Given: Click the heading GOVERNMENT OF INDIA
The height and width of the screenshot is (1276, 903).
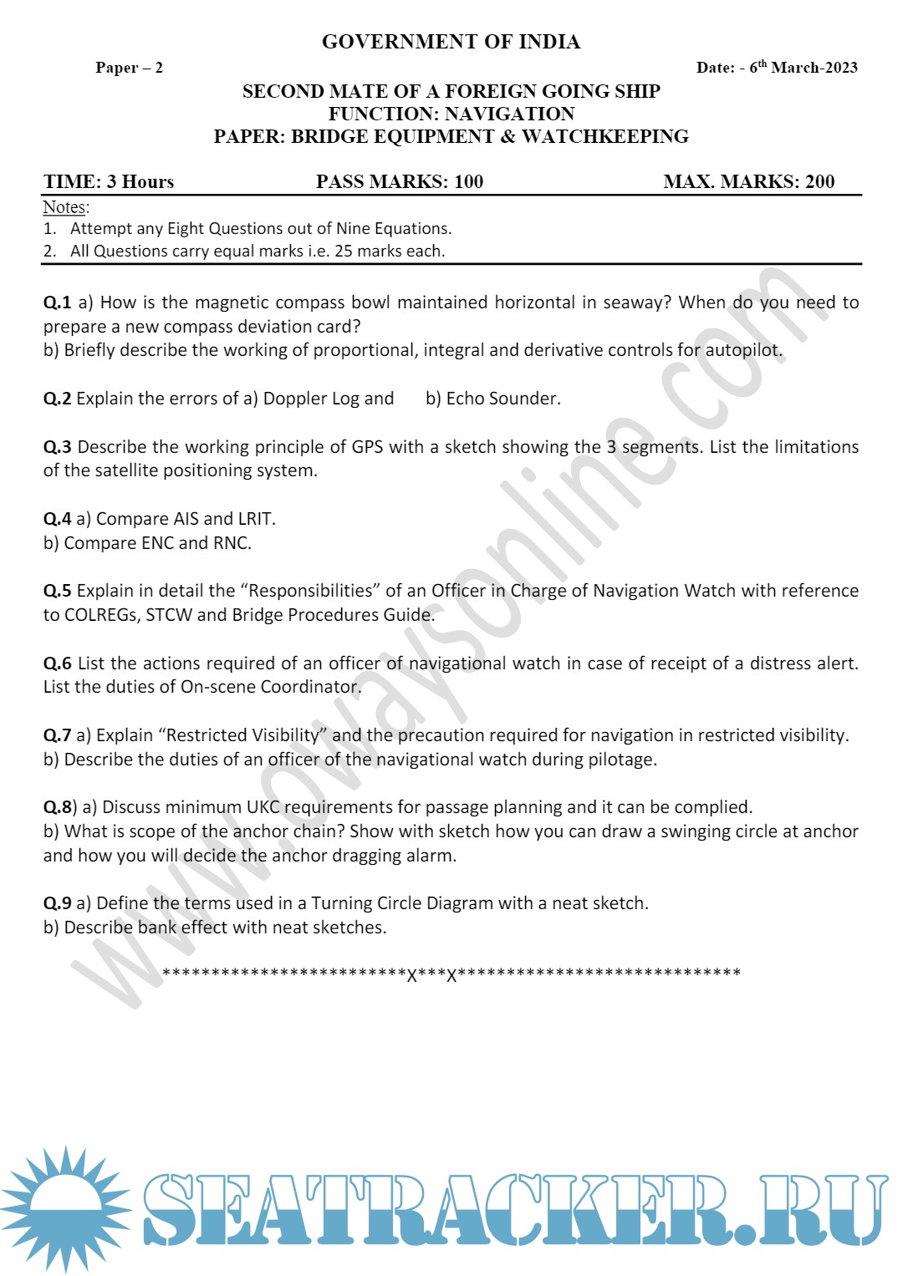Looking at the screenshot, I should [451, 42].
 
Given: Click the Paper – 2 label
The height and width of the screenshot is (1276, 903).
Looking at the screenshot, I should [129, 68].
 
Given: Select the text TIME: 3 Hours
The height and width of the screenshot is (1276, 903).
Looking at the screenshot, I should [109, 182].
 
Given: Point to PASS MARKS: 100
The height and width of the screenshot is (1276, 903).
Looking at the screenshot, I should [400, 182].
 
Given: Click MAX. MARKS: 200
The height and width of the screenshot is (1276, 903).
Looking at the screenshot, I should [749, 182].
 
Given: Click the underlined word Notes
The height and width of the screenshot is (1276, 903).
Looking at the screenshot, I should [64, 207].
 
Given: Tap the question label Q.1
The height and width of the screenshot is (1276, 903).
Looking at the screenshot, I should [57, 302].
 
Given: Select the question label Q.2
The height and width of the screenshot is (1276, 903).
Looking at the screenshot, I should [57, 399].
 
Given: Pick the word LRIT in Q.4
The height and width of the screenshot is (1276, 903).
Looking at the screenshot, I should [256, 519].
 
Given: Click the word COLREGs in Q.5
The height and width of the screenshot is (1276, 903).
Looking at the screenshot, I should [100, 615].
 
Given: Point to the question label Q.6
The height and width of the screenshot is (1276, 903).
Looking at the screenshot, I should [57, 663].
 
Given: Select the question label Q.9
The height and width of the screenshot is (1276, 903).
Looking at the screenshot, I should [57, 903].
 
